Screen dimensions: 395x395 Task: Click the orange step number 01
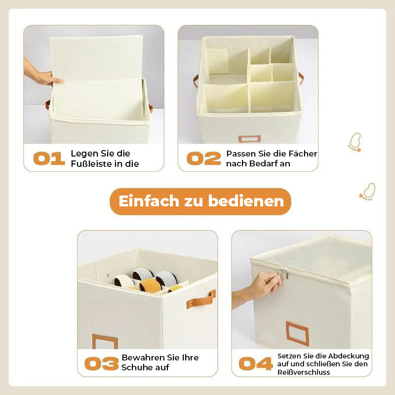(49, 158)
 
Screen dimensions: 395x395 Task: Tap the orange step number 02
(204, 158)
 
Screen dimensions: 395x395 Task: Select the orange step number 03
(102, 363)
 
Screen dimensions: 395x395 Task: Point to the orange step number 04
(256, 363)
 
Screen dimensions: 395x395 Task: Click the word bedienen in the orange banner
(246, 201)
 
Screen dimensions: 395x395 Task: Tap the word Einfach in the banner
(149, 201)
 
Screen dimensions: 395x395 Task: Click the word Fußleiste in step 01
(91, 164)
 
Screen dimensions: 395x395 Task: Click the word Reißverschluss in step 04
(304, 372)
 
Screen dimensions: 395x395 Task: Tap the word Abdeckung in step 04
(349, 356)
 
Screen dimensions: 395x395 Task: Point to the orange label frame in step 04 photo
(297, 333)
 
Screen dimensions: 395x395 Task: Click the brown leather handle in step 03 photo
(201, 299)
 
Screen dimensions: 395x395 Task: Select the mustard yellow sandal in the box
(151, 286)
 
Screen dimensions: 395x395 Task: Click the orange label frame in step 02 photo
(249, 139)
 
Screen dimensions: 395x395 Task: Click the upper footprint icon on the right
(355, 142)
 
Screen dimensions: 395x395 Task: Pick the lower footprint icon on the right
(367, 192)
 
